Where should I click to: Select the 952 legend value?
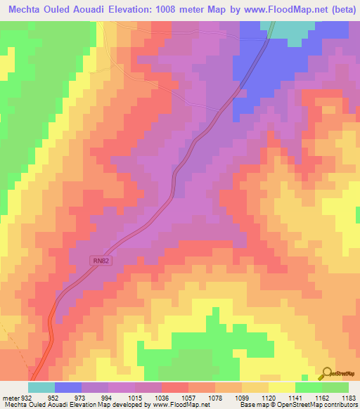coord(54,398)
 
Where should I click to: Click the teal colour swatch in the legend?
coord(41,387)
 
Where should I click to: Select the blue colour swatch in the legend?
coord(68,387)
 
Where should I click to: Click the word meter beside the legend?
coord(10,398)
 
